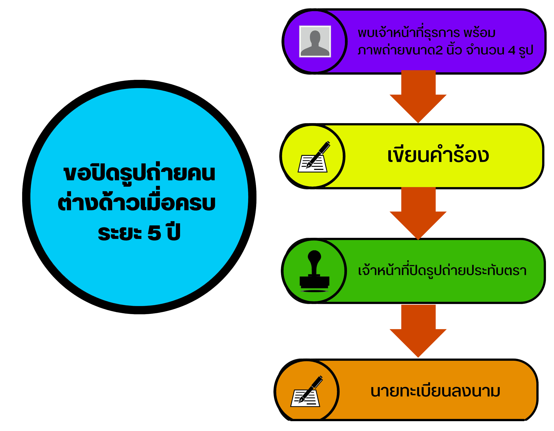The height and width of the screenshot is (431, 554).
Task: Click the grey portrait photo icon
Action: pos(315,41)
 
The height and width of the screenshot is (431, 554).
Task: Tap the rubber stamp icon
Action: pos(314,271)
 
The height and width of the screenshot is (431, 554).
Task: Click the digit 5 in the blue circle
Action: pos(154,233)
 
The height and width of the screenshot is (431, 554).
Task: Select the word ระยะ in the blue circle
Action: pos(120,233)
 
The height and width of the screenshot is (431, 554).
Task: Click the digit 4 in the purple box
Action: pos(511,51)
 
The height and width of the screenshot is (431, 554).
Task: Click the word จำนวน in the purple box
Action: pos(485,50)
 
